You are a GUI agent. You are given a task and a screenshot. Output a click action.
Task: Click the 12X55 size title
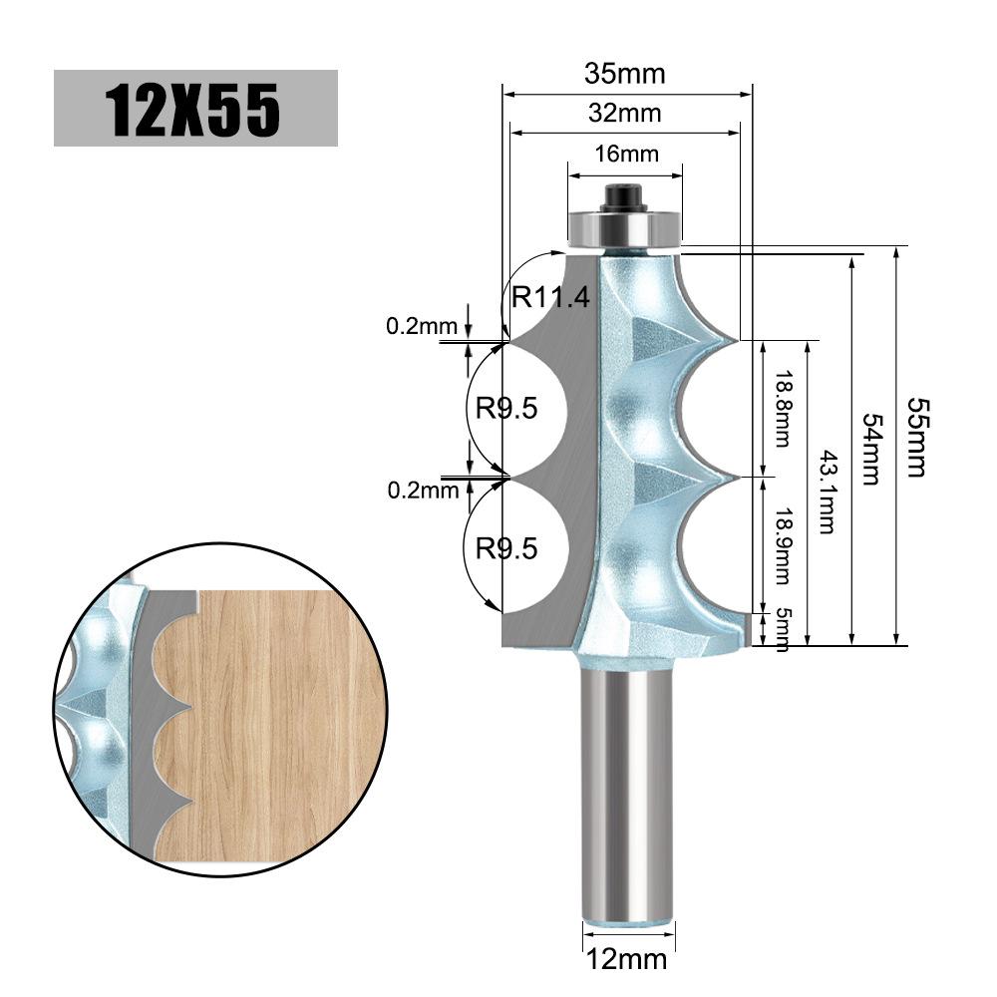(195, 108)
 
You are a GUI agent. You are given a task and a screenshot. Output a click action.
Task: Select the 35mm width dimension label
(624, 75)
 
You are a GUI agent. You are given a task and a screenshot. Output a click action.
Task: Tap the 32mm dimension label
(624, 113)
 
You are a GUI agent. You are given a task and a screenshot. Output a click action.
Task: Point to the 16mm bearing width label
(626, 154)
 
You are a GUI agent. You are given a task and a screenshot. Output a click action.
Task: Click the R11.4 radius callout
(551, 296)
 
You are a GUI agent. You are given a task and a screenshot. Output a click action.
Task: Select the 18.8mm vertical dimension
(783, 409)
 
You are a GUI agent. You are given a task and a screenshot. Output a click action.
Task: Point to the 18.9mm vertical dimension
(783, 546)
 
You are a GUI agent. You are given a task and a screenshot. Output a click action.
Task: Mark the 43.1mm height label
(827, 492)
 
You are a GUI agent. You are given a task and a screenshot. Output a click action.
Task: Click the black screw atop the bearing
(625, 194)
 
